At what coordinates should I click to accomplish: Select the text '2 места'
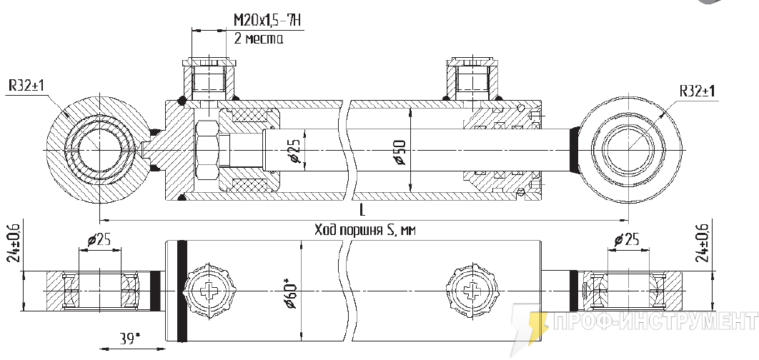[x=258, y=39]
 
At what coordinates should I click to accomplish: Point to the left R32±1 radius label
[x=26, y=86]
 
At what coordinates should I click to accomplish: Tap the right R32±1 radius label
[x=698, y=91]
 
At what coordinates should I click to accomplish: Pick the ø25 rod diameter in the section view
[x=292, y=151]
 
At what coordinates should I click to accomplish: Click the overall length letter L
[x=362, y=211]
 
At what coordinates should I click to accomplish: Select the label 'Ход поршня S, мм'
[x=364, y=230]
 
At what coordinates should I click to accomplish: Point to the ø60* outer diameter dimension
[x=291, y=293]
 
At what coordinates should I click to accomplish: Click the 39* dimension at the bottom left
[x=130, y=337]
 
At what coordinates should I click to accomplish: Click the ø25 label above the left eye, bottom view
[x=99, y=239]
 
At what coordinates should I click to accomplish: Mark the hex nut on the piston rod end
[x=206, y=151]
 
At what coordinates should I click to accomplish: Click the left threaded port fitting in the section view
[x=209, y=79]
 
